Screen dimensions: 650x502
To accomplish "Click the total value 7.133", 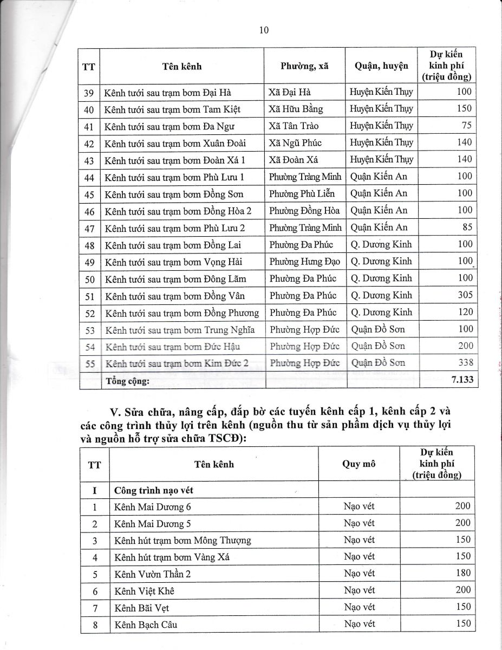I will pyautogui.click(x=462, y=380).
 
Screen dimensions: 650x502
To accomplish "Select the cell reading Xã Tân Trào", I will pyautogui.click(x=294, y=126).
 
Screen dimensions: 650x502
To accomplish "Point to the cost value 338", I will pyautogui.click(x=465, y=363).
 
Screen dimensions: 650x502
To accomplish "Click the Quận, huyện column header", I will pyautogui.click(x=381, y=66).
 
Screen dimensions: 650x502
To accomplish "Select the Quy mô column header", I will pyautogui.click(x=359, y=464).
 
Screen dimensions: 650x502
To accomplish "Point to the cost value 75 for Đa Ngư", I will pyautogui.click(x=467, y=126).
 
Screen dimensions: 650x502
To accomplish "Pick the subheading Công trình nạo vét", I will pyautogui.click(x=154, y=491).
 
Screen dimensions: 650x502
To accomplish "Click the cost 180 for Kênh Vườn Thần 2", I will pyautogui.click(x=463, y=573).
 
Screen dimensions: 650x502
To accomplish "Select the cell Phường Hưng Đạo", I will pyautogui.click(x=305, y=262).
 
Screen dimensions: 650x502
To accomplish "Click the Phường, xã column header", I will pyautogui.click(x=304, y=66).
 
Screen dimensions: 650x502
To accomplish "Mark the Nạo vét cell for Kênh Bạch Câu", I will pyautogui.click(x=359, y=624).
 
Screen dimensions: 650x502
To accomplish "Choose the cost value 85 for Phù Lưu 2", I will pyautogui.click(x=467, y=227).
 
